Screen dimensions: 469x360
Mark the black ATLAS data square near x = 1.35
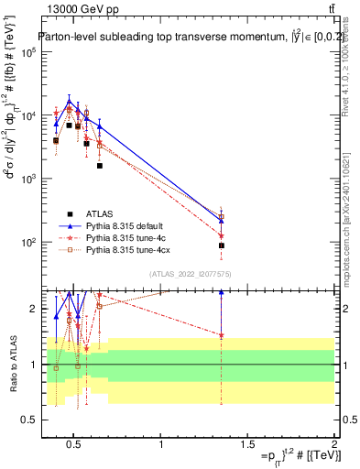click(x=222, y=245)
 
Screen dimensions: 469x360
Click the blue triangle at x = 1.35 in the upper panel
click(x=222, y=220)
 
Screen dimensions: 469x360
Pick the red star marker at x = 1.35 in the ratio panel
click(x=222, y=335)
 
